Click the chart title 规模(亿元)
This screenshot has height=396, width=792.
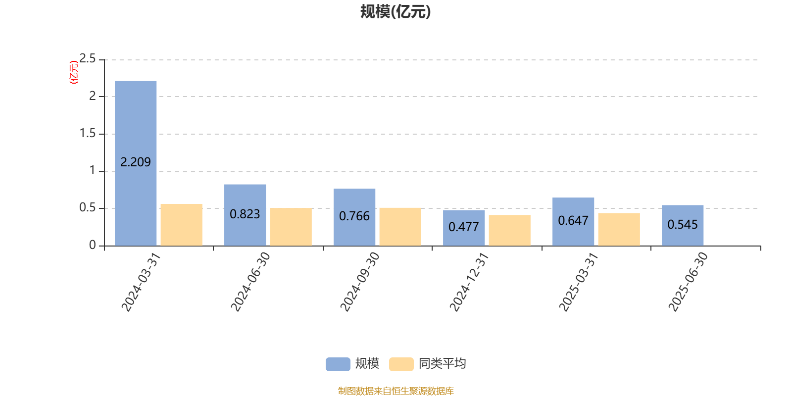coord(396,12)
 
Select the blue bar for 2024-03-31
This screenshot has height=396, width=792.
coord(136,163)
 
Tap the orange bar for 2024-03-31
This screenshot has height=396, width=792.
coord(181,225)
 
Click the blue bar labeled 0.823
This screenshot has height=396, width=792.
coord(245,215)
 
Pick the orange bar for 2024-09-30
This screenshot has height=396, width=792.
coord(400,227)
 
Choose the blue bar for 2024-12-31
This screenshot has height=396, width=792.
coord(464,228)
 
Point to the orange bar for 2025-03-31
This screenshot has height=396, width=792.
coord(619,230)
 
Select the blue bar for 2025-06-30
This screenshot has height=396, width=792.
coord(683,226)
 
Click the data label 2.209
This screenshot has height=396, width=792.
coord(136,162)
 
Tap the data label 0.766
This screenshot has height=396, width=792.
coord(354,216)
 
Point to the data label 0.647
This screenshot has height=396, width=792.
coord(573,221)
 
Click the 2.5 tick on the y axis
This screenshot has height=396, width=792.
coord(87,58)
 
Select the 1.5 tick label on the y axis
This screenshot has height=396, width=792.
coord(87,133)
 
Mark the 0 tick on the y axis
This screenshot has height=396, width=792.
coord(92,245)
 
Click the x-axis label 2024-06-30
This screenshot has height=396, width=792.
coord(250,282)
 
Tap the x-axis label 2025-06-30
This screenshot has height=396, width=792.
coord(688,282)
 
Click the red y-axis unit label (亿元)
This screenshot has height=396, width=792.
coord(74,72)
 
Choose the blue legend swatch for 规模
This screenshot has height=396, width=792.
coord(338,364)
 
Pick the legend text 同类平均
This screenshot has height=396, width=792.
coord(443,363)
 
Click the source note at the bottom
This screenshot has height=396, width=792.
coord(396,391)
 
